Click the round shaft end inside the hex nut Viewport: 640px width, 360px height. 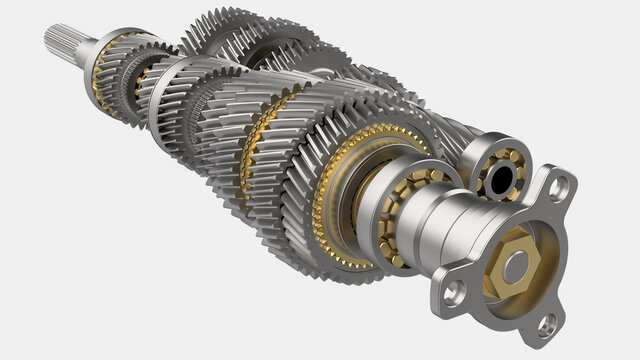[514, 267]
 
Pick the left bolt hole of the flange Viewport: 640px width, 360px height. [455, 290]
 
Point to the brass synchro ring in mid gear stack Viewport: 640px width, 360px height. [254, 140]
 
